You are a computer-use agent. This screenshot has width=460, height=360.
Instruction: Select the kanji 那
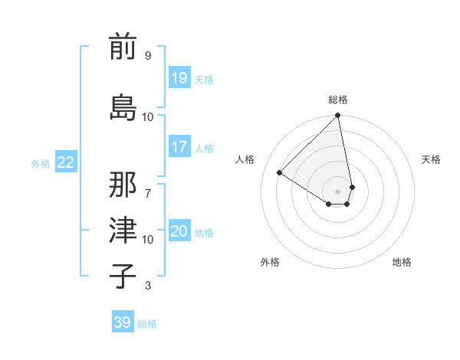pos(123,185)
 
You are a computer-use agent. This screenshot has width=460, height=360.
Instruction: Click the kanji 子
pos(123,277)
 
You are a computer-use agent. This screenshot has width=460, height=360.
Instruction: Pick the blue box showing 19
pos(179,78)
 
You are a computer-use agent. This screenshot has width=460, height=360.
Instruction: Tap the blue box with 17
pos(179,147)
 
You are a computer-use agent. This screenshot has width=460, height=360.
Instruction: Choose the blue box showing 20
pos(179,232)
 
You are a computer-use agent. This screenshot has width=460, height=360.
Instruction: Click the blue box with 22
pos(66,162)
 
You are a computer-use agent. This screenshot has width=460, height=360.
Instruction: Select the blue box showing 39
pos(123,322)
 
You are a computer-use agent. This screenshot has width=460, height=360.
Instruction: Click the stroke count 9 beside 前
pos(147,55)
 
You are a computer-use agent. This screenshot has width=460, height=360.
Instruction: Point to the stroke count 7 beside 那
pos(147,186)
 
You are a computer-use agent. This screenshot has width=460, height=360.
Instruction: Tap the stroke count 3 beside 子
pos(147,286)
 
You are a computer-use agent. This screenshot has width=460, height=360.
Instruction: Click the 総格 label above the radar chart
pos(338,100)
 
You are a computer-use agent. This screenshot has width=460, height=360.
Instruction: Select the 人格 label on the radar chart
pos(245,159)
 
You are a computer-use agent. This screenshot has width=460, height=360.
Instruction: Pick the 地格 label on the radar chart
pos(402,262)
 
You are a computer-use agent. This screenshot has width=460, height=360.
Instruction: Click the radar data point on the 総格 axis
pos(338,116)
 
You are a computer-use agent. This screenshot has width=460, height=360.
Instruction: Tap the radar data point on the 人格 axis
pos(280,173)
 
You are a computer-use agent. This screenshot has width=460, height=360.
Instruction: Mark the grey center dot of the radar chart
pos(338,191)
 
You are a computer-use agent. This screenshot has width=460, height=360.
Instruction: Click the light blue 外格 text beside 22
pos(41,163)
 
